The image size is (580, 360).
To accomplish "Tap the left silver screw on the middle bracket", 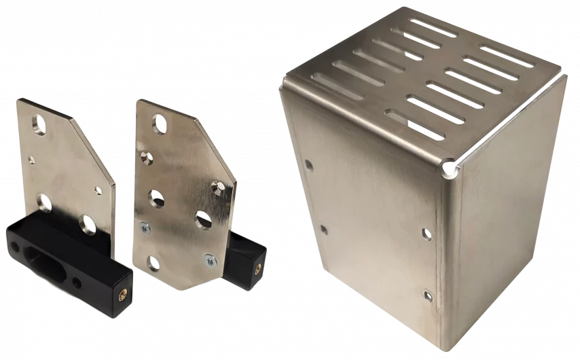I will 142,228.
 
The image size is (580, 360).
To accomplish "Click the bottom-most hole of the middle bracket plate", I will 153,263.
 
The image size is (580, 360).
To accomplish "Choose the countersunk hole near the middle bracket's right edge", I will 219,185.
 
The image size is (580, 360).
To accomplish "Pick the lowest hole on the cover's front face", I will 427,295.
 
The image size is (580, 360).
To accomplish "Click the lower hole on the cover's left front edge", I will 323,230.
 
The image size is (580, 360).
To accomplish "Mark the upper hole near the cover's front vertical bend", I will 426,234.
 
